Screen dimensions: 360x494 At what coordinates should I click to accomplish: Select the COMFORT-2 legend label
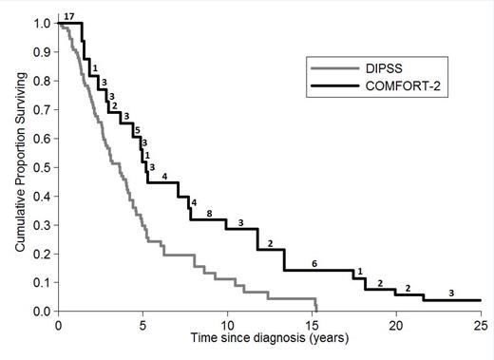pyautogui.click(x=398, y=87)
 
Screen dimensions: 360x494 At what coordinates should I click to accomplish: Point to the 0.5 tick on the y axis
pyautogui.click(x=45, y=167)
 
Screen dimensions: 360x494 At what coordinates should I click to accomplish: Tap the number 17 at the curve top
pyautogui.click(x=70, y=15)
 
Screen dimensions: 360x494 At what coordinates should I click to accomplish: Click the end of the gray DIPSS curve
pyautogui.click(x=315, y=310)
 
